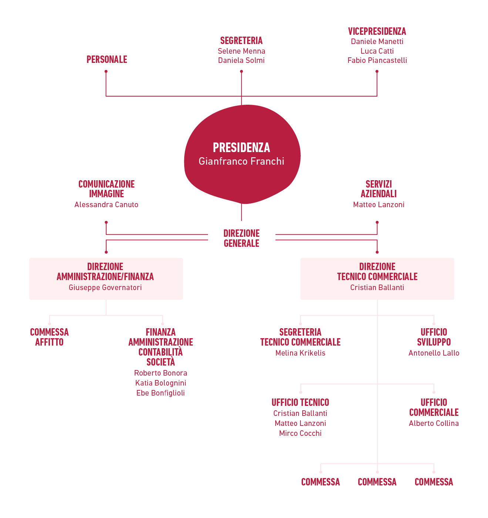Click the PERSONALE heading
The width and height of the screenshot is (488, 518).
[107, 60]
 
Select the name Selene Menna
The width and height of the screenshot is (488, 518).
[241, 51]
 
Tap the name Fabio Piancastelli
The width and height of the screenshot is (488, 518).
[377, 61]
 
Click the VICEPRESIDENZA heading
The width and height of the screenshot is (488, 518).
[377, 31]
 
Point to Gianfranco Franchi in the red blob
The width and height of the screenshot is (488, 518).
[241, 161]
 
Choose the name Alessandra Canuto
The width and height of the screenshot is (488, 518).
[106, 205]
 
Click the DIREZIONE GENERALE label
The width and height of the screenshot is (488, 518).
[241, 238]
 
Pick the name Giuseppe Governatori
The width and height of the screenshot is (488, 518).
[105, 287]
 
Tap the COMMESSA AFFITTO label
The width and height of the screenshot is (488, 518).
[49, 337]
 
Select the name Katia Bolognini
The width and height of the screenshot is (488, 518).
[161, 383]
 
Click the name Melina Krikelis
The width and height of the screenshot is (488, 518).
[300, 353]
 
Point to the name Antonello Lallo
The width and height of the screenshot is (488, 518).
[434, 353]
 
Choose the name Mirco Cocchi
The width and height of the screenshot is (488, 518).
[300, 433]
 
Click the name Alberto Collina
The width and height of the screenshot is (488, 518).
[434, 423]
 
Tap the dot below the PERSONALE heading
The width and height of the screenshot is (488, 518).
[106, 71]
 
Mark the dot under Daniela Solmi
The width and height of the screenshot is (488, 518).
[241, 71]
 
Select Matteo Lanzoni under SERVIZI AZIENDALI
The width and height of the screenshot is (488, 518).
[378, 205]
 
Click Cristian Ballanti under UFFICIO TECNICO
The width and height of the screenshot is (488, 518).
[300, 413]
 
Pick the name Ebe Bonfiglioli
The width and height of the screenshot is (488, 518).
[161, 393]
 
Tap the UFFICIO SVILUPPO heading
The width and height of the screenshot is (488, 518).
[434, 337]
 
